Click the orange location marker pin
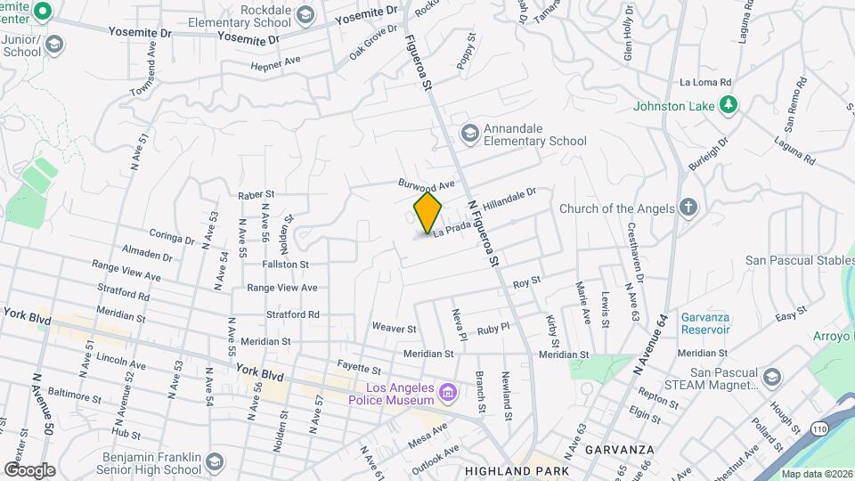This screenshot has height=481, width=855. pos(427,212)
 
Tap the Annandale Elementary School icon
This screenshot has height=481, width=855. pos(469,133)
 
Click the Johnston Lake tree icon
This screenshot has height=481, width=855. pos(729,105)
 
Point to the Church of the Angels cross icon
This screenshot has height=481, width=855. pos(687,208)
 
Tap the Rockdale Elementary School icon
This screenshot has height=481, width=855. pos(306,13)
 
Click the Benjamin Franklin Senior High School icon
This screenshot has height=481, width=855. pos(214,461)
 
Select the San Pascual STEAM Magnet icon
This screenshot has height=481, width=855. pos(771,378)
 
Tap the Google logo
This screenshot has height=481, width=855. pos(29,469)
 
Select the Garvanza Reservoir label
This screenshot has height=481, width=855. pos(705,323)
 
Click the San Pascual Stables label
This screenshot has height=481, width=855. pos(799,260)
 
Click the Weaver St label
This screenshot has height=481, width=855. pos(395,329)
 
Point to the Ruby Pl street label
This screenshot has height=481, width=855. pos(493,328)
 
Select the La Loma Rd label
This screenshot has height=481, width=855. pos(705,81)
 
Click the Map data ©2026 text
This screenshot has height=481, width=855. pos(816,474)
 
